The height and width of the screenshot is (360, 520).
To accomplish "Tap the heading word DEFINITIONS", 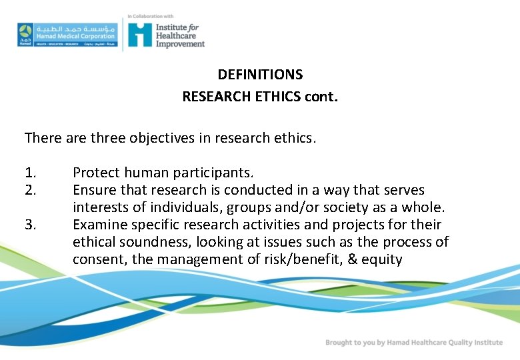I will click(260, 75).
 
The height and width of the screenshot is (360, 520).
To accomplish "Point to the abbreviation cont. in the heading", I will click(321, 96).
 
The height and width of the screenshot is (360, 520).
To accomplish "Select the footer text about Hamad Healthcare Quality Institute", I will click(414, 343).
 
